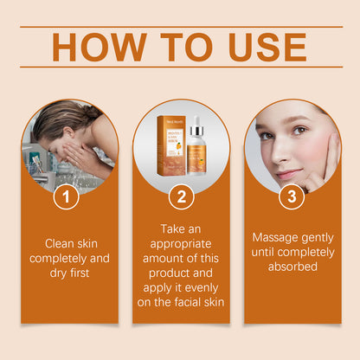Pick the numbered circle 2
pos(180,197)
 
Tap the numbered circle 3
pos(292,197)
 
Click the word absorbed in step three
pos(292,267)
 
